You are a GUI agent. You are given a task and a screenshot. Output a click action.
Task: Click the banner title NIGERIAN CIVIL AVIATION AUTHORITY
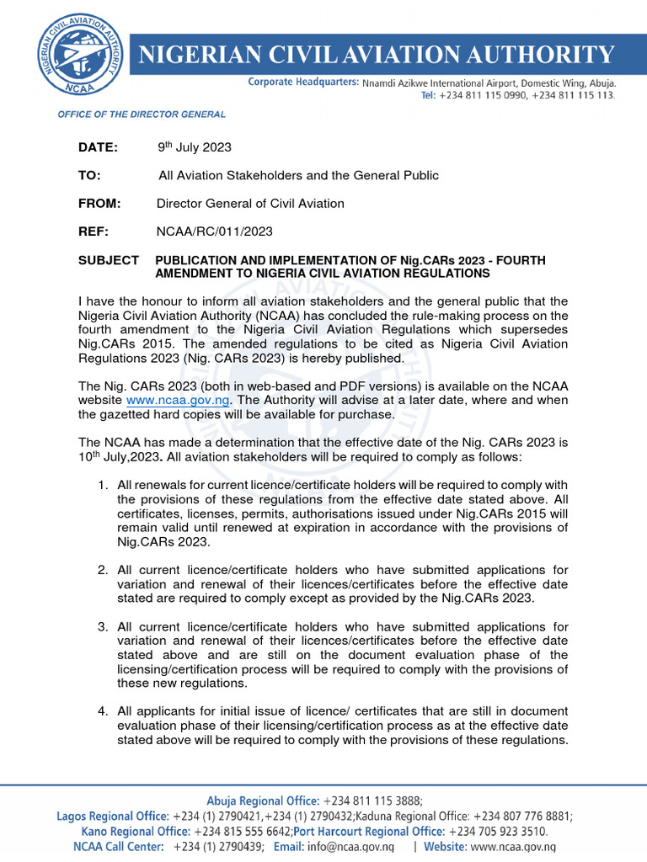(376, 56)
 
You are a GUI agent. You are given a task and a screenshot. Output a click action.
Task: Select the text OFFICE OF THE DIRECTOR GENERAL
(141, 114)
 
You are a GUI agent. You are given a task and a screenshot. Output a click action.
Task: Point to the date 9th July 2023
(195, 147)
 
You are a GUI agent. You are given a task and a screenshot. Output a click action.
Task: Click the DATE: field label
(99, 147)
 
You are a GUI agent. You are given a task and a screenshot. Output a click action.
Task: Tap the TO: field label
(89, 175)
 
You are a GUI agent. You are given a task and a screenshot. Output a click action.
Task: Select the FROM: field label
(99, 203)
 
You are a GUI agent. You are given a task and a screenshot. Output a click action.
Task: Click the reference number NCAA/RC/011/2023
(215, 231)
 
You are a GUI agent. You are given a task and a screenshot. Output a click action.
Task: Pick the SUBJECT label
(109, 260)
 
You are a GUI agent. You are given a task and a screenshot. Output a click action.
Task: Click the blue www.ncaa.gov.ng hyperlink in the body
(174, 399)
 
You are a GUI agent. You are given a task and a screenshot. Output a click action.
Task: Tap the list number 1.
(102, 486)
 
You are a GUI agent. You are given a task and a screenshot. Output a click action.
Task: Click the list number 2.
(102, 571)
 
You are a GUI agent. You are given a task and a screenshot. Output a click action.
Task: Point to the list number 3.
(102, 627)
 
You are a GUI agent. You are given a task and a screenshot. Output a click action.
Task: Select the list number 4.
(102, 712)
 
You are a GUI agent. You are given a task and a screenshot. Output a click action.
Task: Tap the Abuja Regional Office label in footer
(263, 801)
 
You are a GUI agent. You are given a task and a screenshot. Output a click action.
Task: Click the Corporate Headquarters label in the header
(303, 83)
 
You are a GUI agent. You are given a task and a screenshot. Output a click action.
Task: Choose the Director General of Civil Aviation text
(250, 203)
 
